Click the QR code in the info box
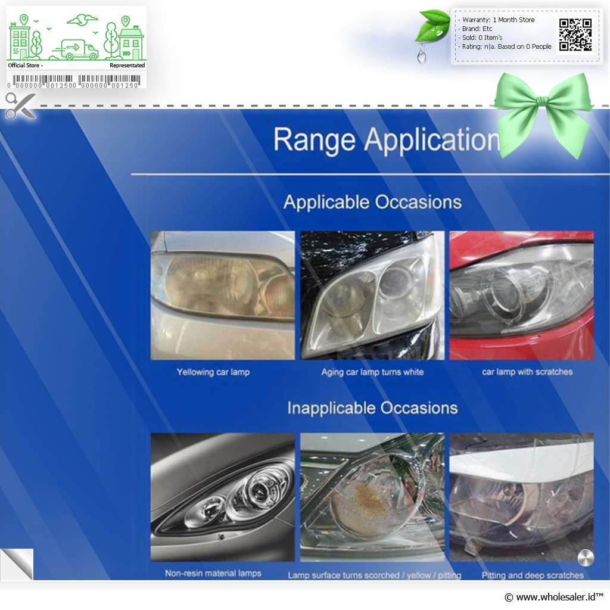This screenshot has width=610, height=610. [x=575, y=35]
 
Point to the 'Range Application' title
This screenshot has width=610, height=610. [x=387, y=139]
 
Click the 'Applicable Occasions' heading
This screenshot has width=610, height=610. [x=372, y=203]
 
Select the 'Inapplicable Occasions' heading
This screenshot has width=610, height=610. [x=372, y=408]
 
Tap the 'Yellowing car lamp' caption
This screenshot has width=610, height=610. [x=213, y=372]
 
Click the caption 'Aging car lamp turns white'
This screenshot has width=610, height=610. [x=372, y=372]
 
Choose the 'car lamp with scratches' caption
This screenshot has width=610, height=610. [x=527, y=372]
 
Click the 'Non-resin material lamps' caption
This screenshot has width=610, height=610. [x=213, y=573]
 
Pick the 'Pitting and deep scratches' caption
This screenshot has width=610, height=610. [x=533, y=575]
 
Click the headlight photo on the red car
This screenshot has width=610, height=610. [x=521, y=295]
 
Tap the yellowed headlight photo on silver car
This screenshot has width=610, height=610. [x=223, y=295]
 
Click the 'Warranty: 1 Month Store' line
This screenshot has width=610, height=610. [x=499, y=20]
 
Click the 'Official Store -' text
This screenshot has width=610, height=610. [x=25, y=66]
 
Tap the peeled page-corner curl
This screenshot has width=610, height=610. [x=17, y=564]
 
